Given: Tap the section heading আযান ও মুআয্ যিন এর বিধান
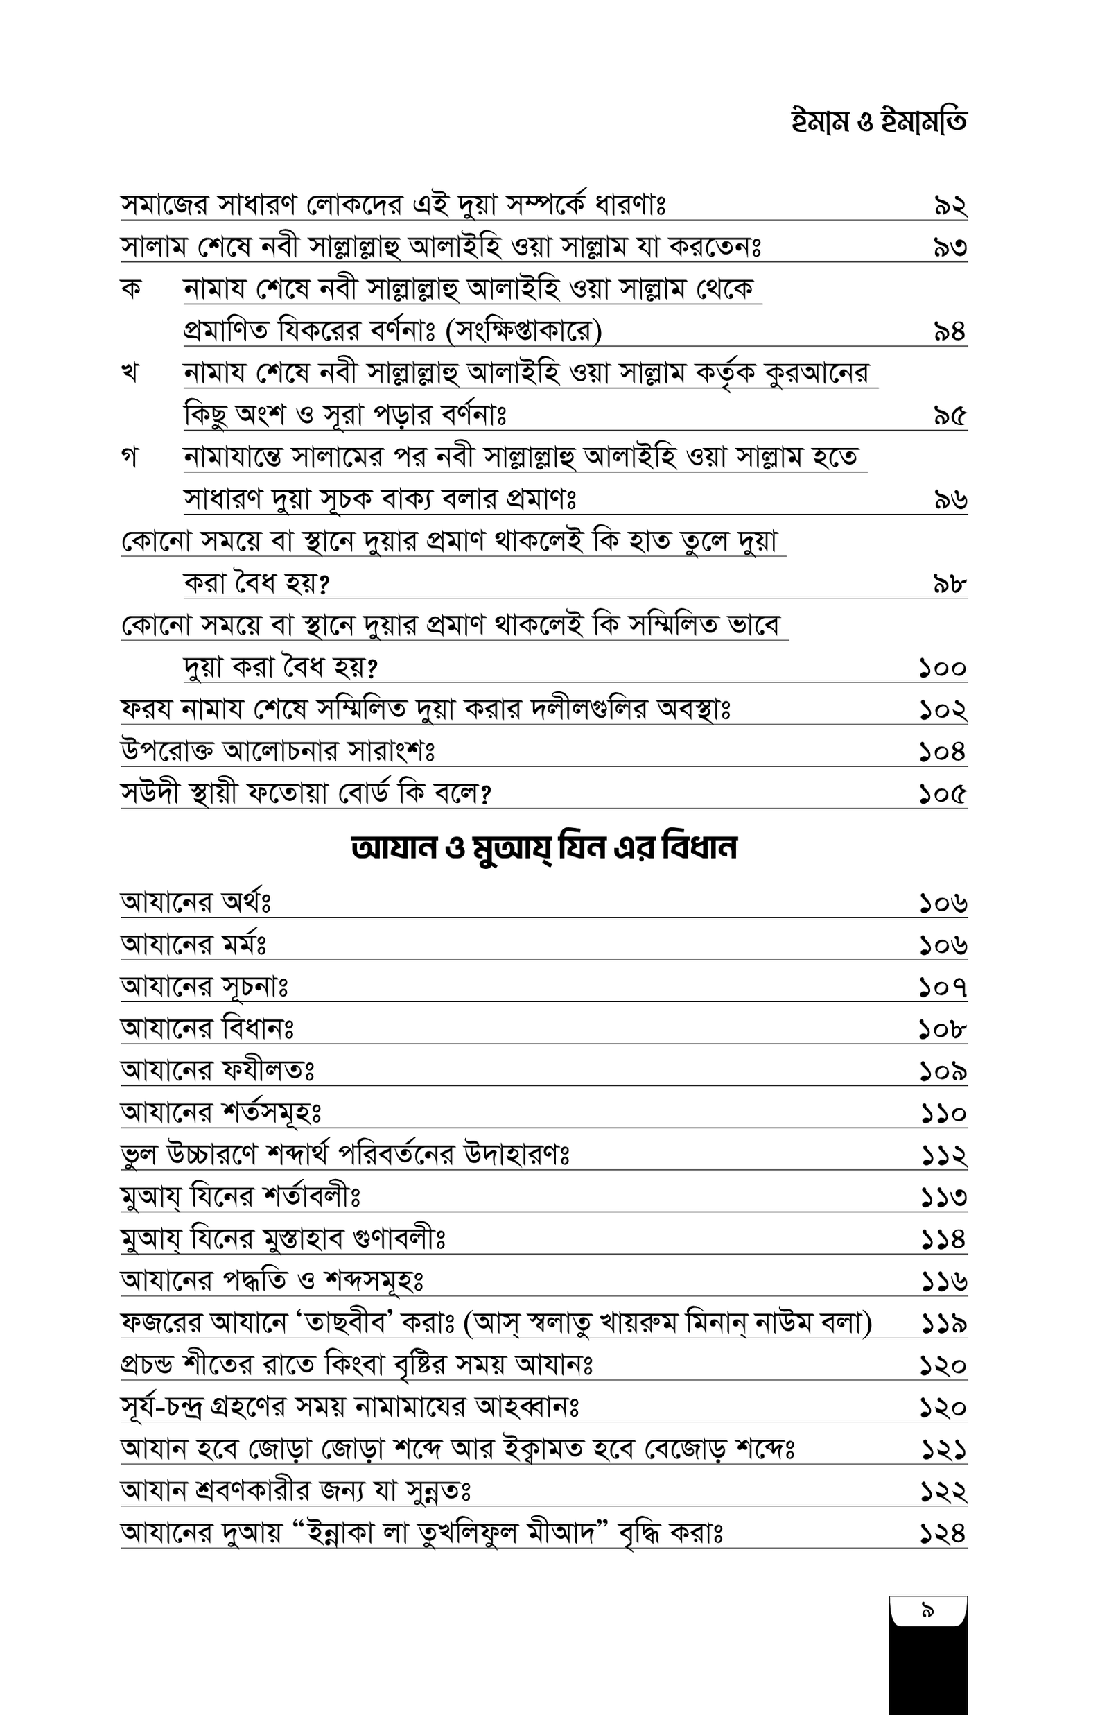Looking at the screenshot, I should click(x=543, y=847).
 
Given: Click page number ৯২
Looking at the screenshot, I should click(x=950, y=206).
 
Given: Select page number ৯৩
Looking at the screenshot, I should click(x=950, y=248).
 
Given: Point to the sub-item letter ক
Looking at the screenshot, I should click(x=131, y=288).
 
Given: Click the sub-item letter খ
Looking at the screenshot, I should click(x=130, y=373).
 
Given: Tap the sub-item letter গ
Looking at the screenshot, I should click(x=130, y=458).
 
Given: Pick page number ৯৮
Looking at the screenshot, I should click(x=949, y=584).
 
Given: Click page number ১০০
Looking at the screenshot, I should click(x=942, y=669).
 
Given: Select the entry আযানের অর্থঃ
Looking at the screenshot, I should click(x=195, y=902).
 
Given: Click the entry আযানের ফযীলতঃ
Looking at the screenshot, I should click(x=218, y=1071).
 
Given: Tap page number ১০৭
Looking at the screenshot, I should click(x=943, y=987).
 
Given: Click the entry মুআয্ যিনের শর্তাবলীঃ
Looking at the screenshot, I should click(x=240, y=1197).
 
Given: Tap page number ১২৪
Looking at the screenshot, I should click(x=943, y=1533).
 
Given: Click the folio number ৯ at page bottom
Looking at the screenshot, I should click(x=927, y=1610).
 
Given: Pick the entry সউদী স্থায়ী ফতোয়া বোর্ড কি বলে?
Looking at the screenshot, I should click(x=306, y=795).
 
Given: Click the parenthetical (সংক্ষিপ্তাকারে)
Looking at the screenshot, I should click(x=523, y=331).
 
